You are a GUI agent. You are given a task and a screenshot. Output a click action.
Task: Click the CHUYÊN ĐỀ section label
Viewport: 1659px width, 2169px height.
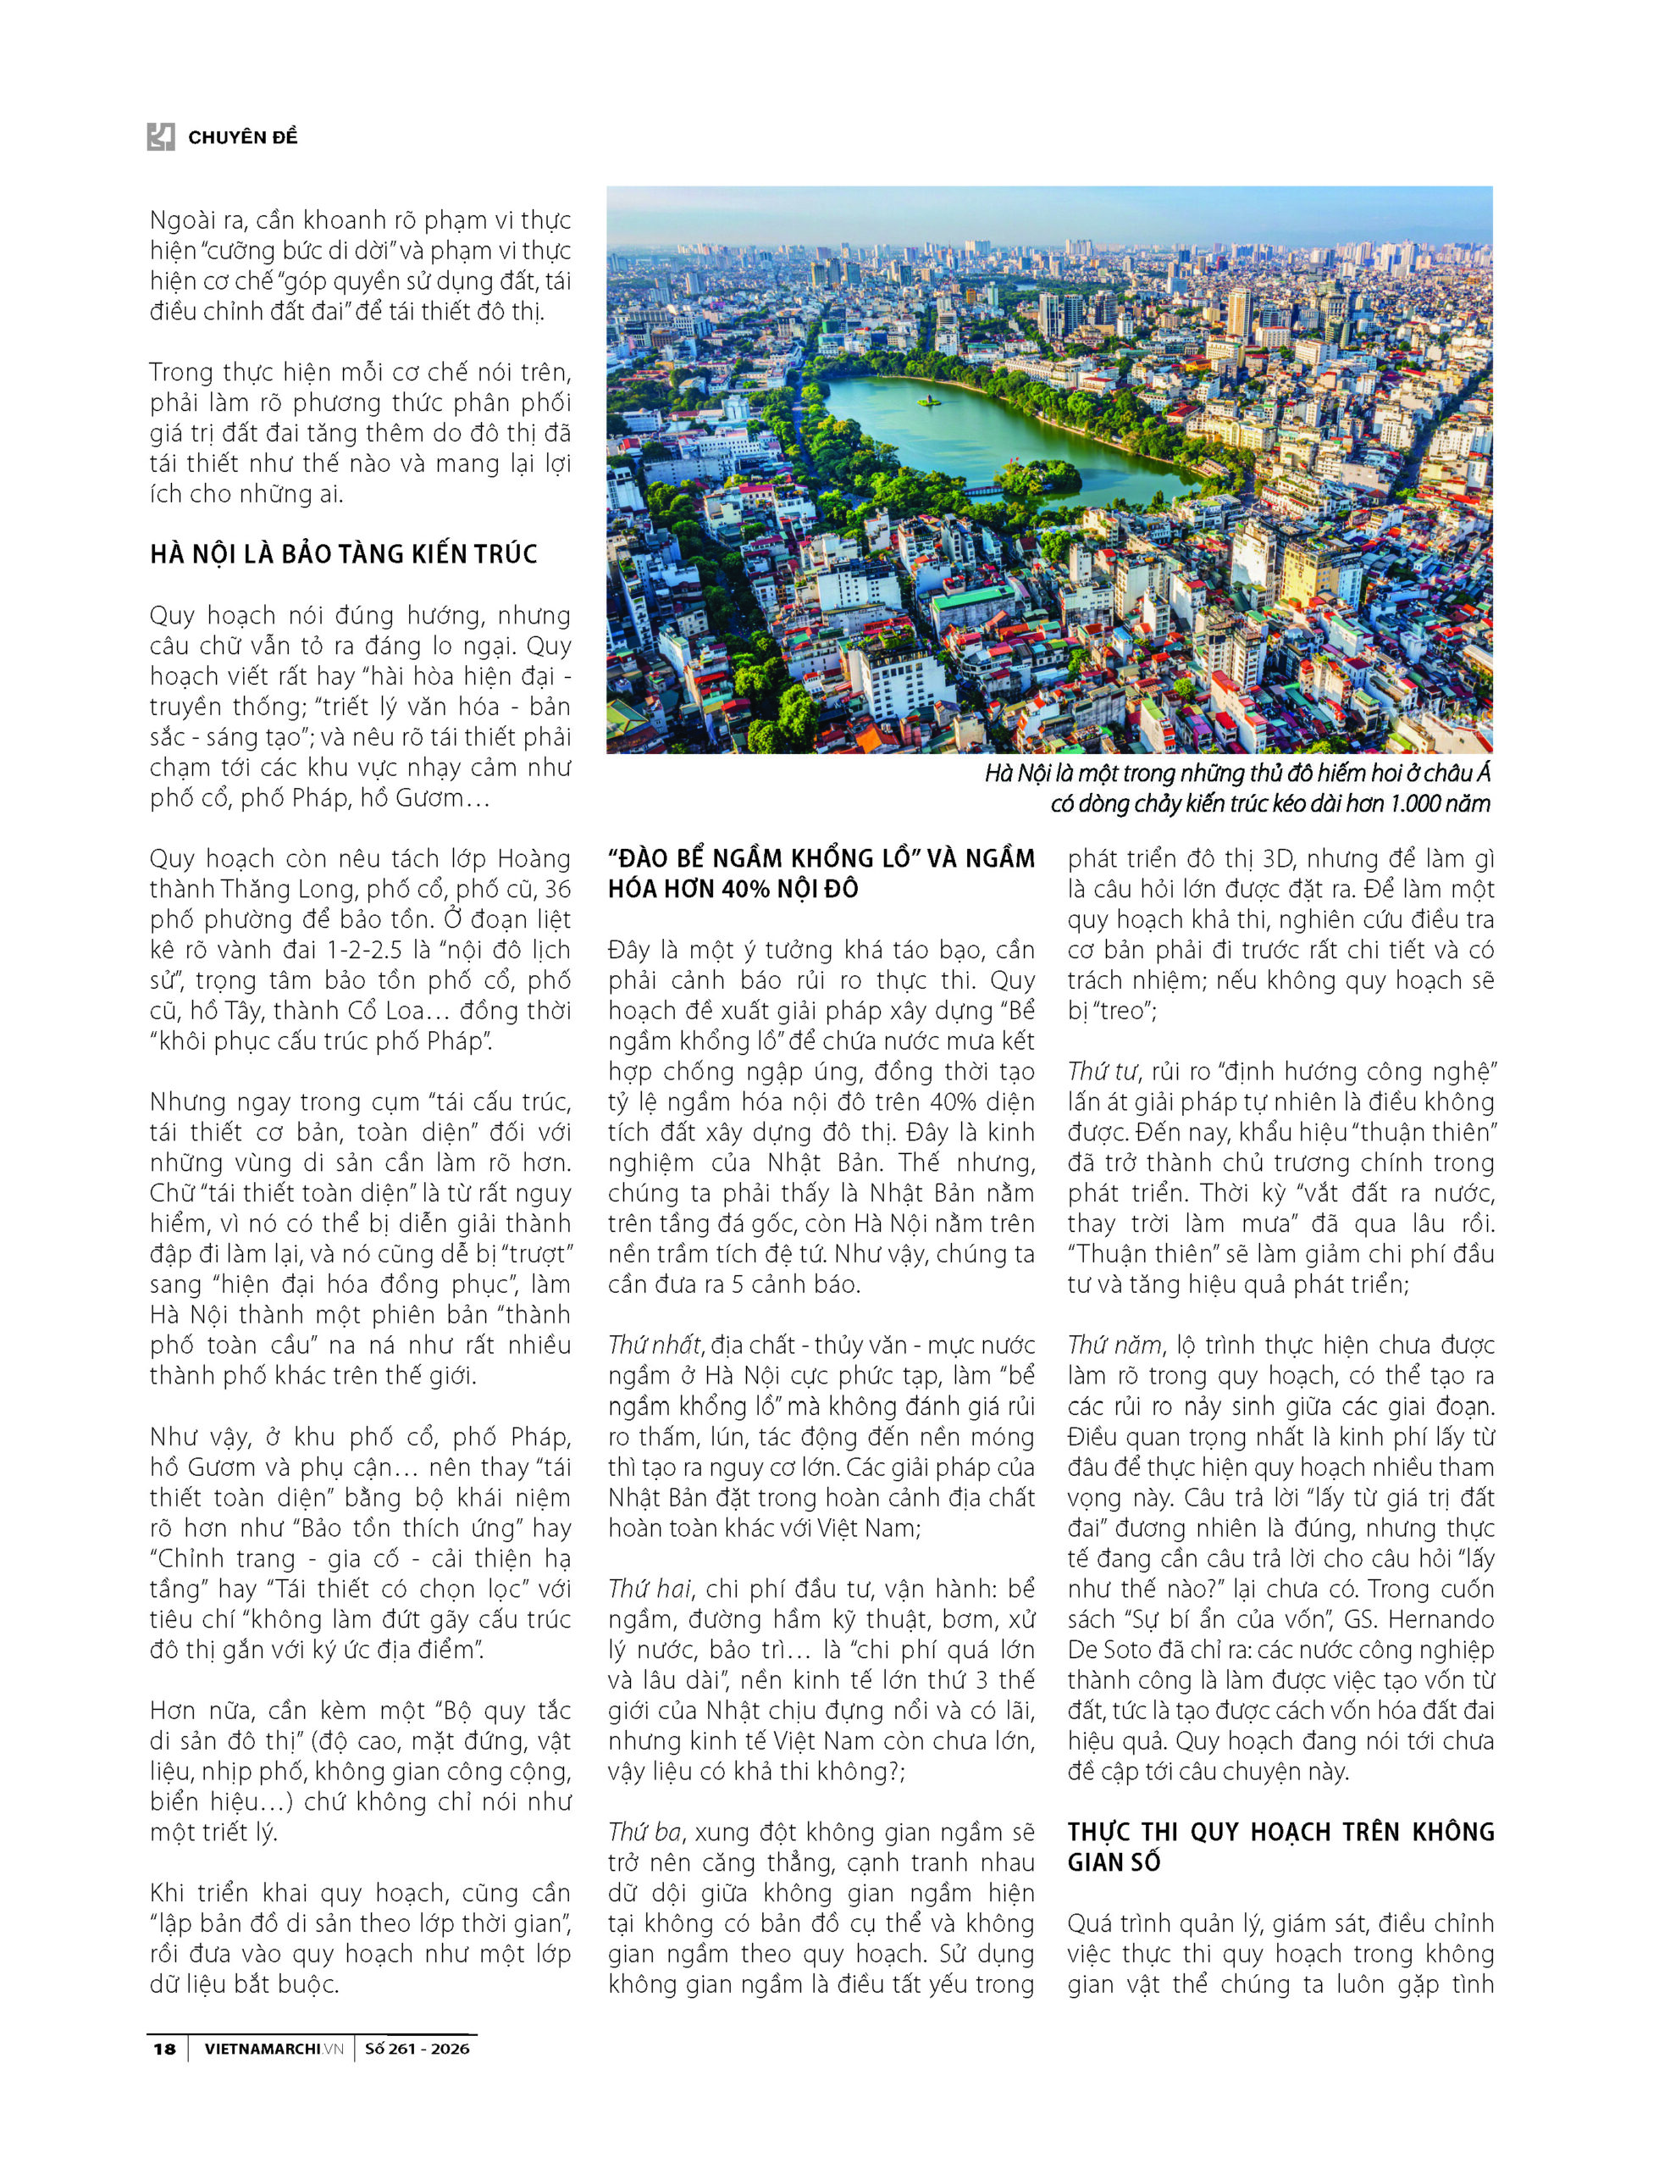[243, 137]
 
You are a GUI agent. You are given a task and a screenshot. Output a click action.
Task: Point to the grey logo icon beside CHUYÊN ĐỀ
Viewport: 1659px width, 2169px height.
[161, 136]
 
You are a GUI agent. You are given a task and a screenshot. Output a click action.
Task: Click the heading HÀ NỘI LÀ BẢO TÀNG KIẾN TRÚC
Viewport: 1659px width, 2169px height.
[344, 554]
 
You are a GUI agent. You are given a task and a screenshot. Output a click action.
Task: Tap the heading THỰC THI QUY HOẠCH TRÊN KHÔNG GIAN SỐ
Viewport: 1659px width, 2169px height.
[1280, 1847]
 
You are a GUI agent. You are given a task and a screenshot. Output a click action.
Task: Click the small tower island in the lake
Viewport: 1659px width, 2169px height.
[928, 400]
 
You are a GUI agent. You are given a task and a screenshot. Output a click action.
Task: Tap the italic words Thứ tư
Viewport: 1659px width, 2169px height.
[1101, 1072]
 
